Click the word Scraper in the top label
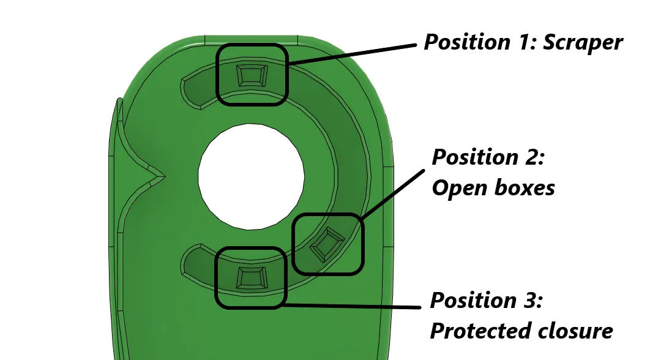583,43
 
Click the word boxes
525,187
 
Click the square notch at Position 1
252,75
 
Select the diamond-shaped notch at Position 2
327,244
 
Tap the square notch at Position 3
252,278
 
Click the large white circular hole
251,176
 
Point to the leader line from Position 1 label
352,54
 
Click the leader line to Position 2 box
392,194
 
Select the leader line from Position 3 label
353,306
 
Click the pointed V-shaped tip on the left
164,177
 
